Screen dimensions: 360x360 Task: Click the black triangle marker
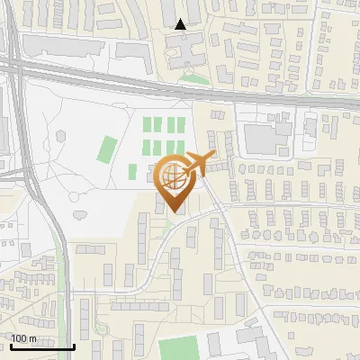181,24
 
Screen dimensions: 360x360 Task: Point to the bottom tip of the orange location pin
174,212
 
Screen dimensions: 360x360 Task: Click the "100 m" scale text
23,338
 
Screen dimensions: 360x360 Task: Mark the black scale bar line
42,346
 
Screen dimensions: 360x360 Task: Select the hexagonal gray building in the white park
61,137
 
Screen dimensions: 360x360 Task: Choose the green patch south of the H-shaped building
193,79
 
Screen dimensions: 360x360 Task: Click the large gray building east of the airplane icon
268,138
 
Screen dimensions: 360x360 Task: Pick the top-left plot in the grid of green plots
149,126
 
